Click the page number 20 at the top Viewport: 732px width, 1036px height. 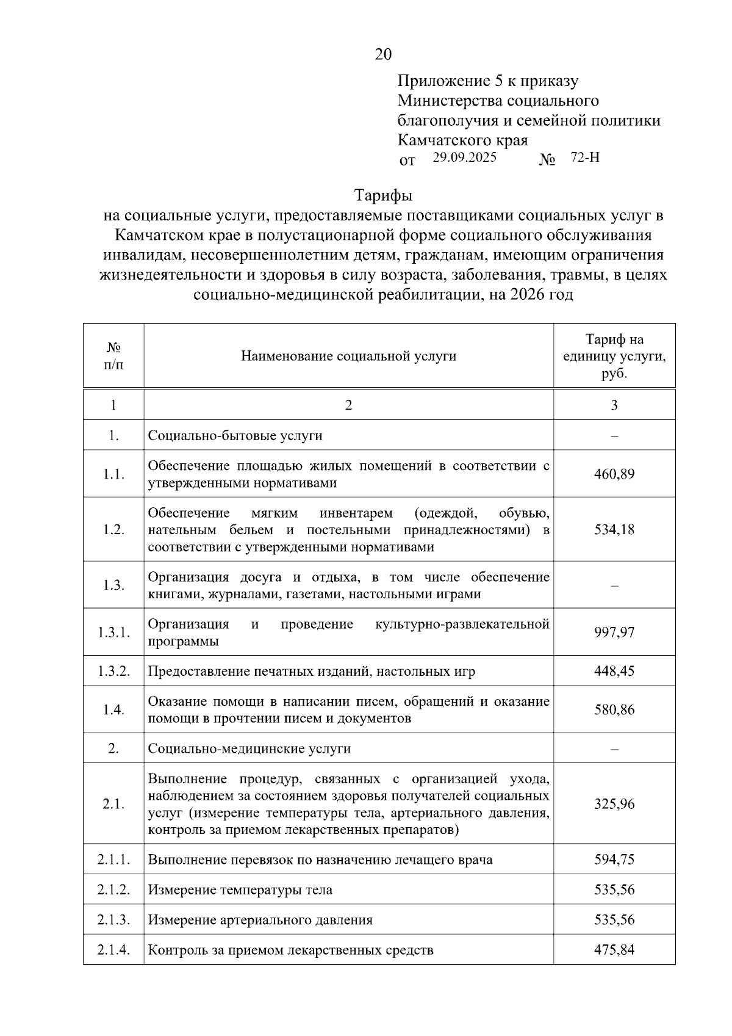(383, 55)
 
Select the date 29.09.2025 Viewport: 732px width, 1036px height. (465, 158)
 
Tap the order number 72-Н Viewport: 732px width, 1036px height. (585, 158)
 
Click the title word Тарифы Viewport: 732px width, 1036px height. (383, 196)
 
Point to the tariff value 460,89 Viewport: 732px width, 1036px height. (614, 474)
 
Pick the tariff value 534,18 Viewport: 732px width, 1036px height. (614, 529)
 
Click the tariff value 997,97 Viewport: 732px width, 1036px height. (614, 632)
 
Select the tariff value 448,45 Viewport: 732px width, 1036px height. (614, 671)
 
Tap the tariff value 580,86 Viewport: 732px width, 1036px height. (614, 709)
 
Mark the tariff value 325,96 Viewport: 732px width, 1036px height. (614, 803)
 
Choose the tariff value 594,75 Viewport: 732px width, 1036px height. (614, 860)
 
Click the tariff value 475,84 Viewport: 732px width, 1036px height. (614, 950)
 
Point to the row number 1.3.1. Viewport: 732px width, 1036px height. (113, 632)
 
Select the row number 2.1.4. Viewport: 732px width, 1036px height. (113, 950)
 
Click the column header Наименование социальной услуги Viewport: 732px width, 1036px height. (348, 356)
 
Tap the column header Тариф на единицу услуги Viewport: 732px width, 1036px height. (614, 356)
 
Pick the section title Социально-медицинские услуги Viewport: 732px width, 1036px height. (249, 748)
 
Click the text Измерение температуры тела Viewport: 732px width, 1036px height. (240, 890)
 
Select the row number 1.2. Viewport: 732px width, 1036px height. (113, 529)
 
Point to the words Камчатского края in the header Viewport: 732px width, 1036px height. (462, 140)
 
